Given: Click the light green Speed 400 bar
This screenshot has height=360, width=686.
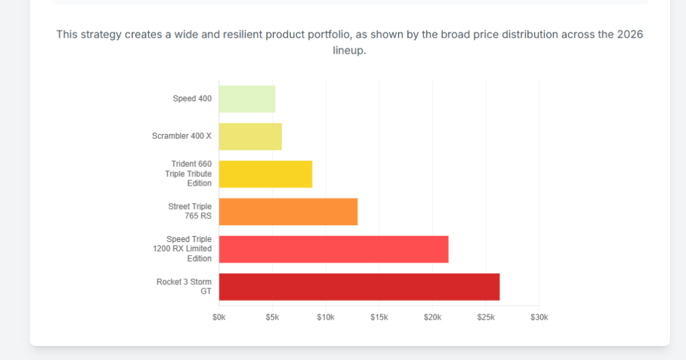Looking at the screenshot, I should click(x=247, y=99).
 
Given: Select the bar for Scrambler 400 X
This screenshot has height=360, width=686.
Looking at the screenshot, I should click(x=250, y=137).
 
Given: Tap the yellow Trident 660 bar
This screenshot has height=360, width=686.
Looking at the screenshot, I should click(x=265, y=174).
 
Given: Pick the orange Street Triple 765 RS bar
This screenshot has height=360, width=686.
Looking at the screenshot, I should click(x=288, y=212).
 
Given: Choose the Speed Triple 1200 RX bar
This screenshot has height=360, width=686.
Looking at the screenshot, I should click(x=334, y=249).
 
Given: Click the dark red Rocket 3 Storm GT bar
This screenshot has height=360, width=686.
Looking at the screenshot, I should click(x=359, y=287).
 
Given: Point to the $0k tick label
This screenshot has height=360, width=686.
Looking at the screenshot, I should click(x=219, y=317).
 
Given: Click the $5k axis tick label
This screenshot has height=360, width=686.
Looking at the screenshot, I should click(x=272, y=317).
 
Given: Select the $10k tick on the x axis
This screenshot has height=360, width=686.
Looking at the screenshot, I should click(x=326, y=317).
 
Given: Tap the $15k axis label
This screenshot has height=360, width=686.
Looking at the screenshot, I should click(x=379, y=317).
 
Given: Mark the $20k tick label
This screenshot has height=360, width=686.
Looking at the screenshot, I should click(x=432, y=317).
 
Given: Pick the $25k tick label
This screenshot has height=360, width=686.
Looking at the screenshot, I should click(x=486, y=317).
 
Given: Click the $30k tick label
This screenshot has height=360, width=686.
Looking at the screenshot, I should click(x=539, y=317).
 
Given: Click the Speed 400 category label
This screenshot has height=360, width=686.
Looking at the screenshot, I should click(x=192, y=99).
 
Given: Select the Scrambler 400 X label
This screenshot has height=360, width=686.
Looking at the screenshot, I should click(x=182, y=136).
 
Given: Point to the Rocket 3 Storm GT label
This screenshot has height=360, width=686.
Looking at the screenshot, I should click(x=184, y=286).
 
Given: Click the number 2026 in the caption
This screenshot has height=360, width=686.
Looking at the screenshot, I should click(x=630, y=34).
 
